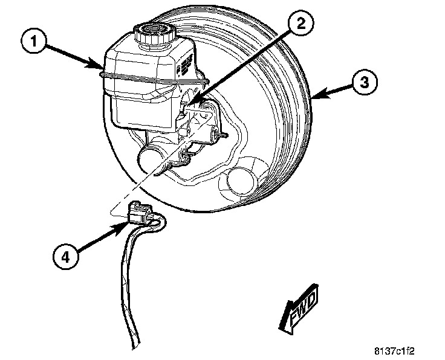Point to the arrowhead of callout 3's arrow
point(313,95)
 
